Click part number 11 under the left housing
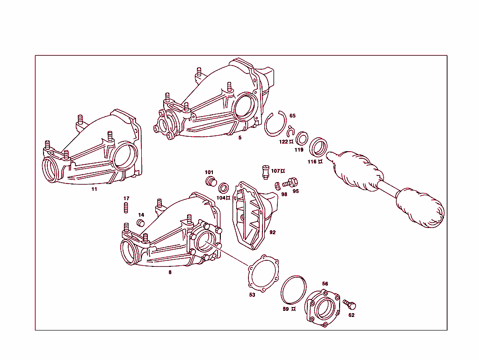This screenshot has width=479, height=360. pos(94,190)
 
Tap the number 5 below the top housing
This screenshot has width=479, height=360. pos(240,138)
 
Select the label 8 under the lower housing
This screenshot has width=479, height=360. pos(170,272)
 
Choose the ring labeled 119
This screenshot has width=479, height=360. pos(302,139)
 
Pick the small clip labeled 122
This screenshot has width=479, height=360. pos(290,133)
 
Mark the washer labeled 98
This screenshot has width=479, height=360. pos(277,184)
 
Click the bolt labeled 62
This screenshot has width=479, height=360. pos(350,305)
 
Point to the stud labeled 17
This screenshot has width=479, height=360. pos(126,207)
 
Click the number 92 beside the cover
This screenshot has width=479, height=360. pos(273,232)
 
